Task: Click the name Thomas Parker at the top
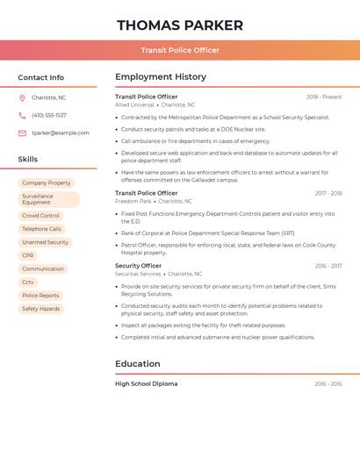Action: pyautogui.click(x=180, y=25)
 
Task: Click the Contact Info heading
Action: pyautogui.click(x=41, y=77)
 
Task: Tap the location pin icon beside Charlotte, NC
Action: pyautogui.click(x=22, y=97)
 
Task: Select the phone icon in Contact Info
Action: pyautogui.click(x=22, y=115)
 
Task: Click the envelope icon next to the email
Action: pyautogui.click(x=22, y=132)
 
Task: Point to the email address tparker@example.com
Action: pyautogui.click(x=61, y=132)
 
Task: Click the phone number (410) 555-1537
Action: pyautogui.click(x=49, y=115)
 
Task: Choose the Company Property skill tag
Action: pyautogui.click(x=47, y=182)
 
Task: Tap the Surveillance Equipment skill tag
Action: pyautogui.click(x=48, y=199)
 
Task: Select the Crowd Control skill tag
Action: pyautogui.click(x=41, y=215)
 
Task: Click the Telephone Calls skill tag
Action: pyautogui.click(x=42, y=229)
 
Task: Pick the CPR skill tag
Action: pyautogui.click(x=28, y=255)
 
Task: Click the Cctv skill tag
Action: pyautogui.click(x=28, y=282)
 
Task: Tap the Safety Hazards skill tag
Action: pyautogui.click(x=41, y=309)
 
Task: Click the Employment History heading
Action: pyautogui.click(x=161, y=76)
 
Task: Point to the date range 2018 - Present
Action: pyautogui.click(x=324, y=97)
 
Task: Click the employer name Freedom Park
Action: pyautogui.click(x=133, y=201)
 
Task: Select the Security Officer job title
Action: pyautogui.click(x=138, y=265)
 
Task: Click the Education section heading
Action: pyautogui.click(x=138, y=363)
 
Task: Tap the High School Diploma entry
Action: pyautogui.click(x=147, y=383)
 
